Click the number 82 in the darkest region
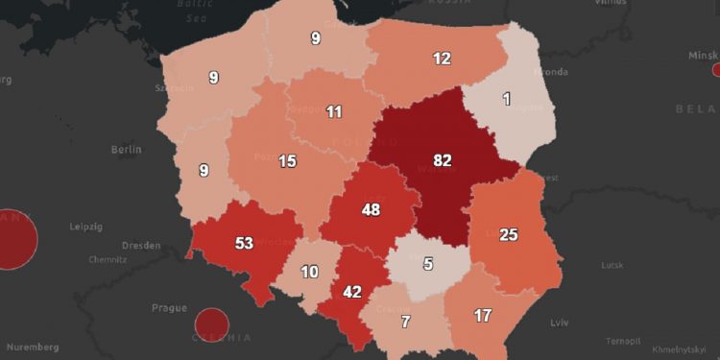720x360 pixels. pyautogui.click(x=443, y=160)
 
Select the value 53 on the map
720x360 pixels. pyautogui.click(x=244, y=243)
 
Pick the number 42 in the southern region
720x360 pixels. pyautogui.click(x=352, y=292)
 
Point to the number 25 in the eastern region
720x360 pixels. pyautogui.click(x=509, y=235)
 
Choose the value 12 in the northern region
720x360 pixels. pyautogui.click(x=442, y=59)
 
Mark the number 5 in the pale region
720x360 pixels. pyautogui.click(x=429, y=264)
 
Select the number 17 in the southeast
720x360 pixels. pyautogui.click(x=484, y=314)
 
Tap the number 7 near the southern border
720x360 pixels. pyautogui.click(x=406, y=322)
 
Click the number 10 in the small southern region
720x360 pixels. pyautogui.click(x=309, y=272)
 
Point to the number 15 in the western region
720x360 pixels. pyautogui.click(x=287, y=161)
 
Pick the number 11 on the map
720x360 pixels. pyautogui.click(x=333, y=111)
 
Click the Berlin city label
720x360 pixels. pyautogui.click(x=126, y=150)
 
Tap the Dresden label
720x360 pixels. pyautogui.click(x=141, y=245)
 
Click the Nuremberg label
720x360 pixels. pyautogui.click(x=29, y=347)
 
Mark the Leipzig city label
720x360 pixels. pyautogui.click(x=85, y=227)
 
